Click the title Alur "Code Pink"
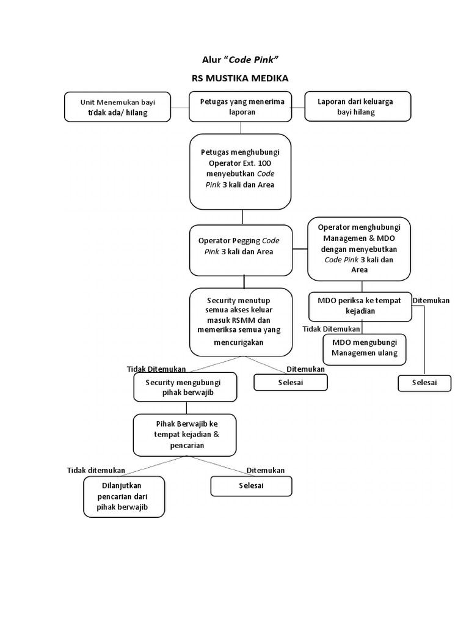click(239, 60)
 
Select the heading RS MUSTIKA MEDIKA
click(239, 78)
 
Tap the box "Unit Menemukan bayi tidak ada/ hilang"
click(118, 107)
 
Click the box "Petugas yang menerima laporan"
click(241, 106)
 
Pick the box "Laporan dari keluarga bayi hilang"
click(358, 106)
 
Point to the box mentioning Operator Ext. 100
click(240, 172)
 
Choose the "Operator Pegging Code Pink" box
click(241, 250)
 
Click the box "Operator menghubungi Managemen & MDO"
click(359, 249)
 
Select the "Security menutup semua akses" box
click(241, 322)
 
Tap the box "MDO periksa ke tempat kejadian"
click(360, 307)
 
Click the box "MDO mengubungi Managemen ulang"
click(365, 350)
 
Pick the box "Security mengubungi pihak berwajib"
click(186, 387)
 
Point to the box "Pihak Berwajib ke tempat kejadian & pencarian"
click(184, 435)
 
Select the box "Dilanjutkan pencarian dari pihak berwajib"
click(124, 496)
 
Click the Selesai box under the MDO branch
click(425, 383)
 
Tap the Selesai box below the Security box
click(291, 383)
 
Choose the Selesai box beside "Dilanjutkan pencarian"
click(251, 486)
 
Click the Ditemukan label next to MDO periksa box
click(431, 301)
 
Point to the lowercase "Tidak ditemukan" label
click(96, 470)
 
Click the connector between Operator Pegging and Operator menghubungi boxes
click(300, 249)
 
